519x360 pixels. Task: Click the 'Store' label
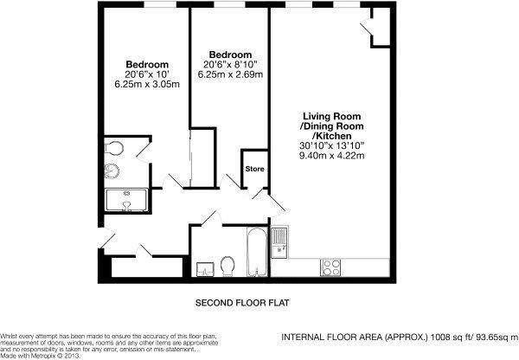point(254,169)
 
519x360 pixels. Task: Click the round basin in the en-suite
point(112,170)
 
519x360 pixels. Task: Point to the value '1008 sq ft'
point(443,338)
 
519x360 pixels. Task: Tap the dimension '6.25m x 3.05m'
point(147,86)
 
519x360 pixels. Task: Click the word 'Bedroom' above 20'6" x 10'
point(147,65)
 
